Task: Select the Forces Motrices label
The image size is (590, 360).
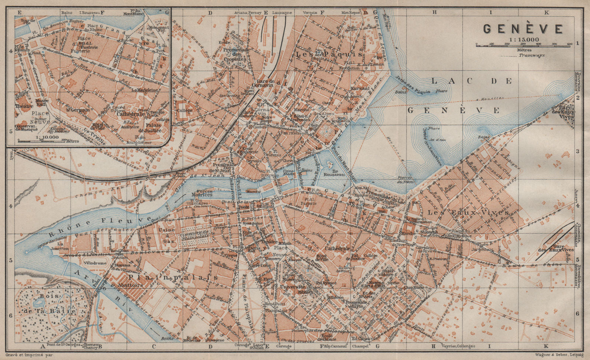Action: pyautogui.click(x=202, y=192)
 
